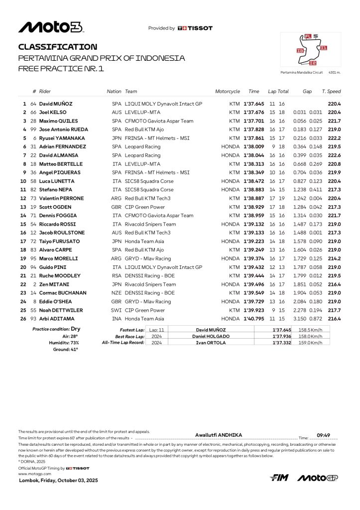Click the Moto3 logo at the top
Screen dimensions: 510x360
[x=51, y=27]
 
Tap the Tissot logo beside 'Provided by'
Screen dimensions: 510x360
[x=195, y=28]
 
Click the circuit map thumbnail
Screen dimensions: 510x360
[x=311, y=50]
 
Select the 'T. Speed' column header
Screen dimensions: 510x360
[x=331, y=92]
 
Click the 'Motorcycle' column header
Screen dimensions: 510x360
[x=227, y=92]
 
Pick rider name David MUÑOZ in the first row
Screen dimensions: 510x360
[x=56, y=104]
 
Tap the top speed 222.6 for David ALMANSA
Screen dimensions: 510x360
[x=334, y=155]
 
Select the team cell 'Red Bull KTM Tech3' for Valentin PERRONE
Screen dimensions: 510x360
[x=147, y=198]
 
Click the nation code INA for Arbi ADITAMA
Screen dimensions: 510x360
[x=117, y=319]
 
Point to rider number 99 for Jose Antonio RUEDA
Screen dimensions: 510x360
[x=34, y=129]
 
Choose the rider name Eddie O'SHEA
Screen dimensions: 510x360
[x=56, y=301]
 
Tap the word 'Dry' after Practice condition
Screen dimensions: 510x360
[x=75, y=329]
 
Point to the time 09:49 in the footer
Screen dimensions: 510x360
[x=324, y=435]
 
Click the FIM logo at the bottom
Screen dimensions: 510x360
[x=279, y=478]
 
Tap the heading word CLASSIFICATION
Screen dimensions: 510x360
[x=58, y=47]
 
